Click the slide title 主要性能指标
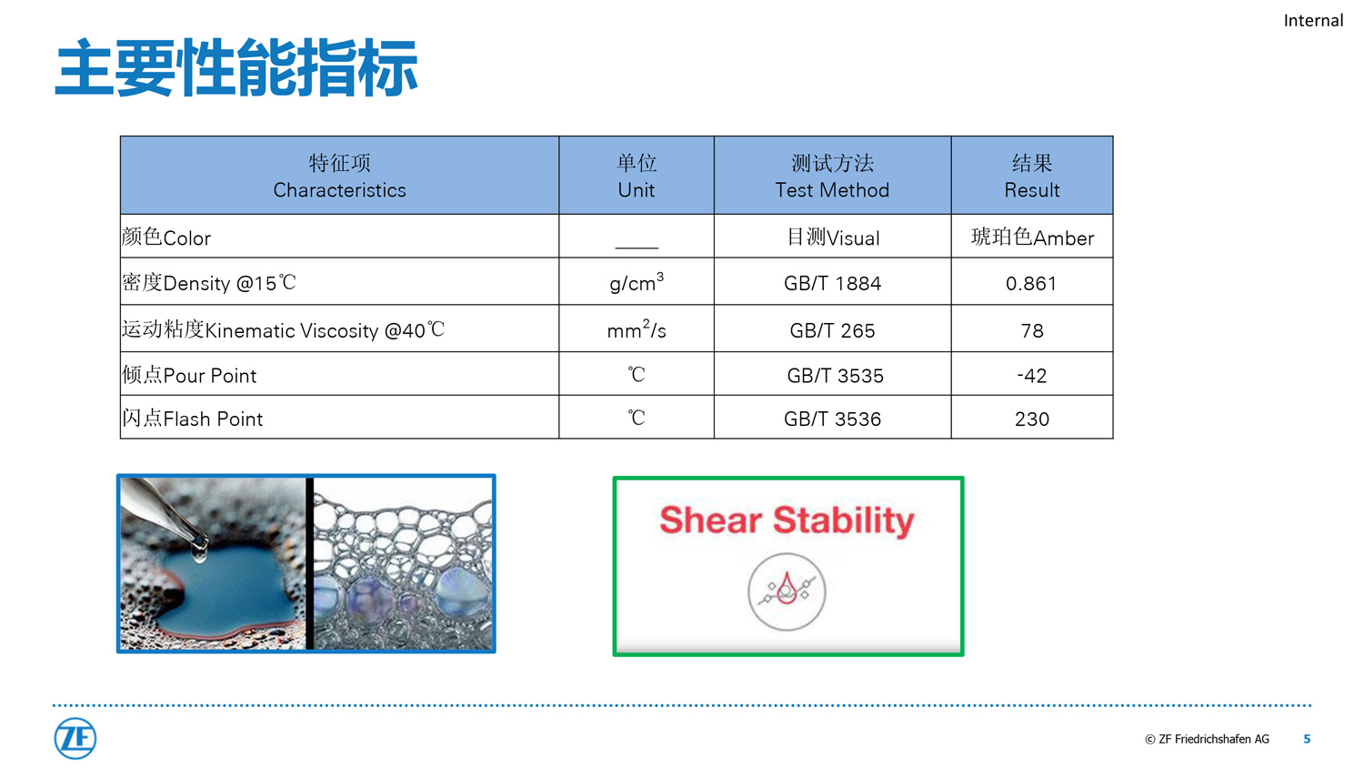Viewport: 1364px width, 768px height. click(x=236, y=67)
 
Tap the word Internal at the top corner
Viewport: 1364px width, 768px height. click(x=1313, y=21)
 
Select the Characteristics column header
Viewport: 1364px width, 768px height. click(x=339, y=177)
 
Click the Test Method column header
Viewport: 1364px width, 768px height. click(x=832, y=177)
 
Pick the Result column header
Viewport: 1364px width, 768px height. click(x=1031, y=177)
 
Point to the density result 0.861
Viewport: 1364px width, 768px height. click(x=1031, y=283)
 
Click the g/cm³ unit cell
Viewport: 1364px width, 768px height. click(x=637, y=282)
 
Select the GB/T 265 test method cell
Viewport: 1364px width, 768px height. click(x=832, y=330)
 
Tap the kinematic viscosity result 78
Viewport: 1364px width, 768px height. click(x=1031, y=330)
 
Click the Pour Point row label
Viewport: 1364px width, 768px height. click(x=189, y=375)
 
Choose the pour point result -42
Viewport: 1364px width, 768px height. click(x=1031, y=376)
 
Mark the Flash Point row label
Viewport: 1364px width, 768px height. click(x=193, y=419)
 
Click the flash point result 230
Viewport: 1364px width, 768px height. click(x=1031, y=419)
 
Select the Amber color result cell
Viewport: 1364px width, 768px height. click(x=1032, y=237)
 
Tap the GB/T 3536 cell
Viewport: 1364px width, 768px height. click(x=832, y=419)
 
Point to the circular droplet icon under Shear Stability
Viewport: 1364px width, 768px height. click(x=787, y=591)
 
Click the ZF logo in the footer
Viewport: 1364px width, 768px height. click(x=75, y=738)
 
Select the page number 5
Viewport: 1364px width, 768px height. click(x=1307, y=739)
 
